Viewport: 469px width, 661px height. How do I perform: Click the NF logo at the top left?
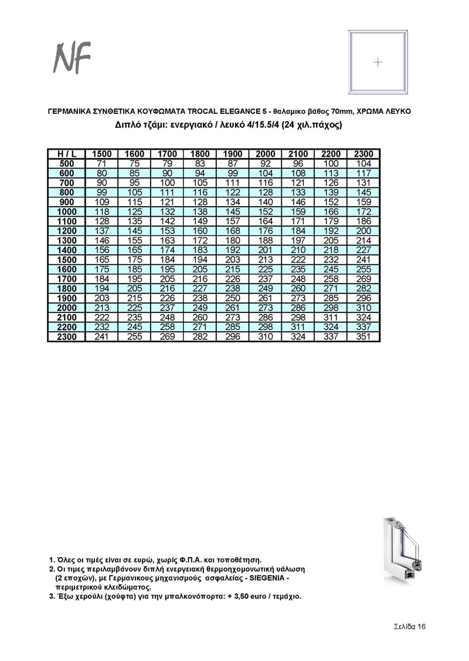click(x=72, y=58)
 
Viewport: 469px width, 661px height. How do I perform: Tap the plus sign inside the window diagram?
click(x=378, y=62)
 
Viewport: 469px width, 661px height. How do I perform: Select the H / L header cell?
click(x=66, y=154)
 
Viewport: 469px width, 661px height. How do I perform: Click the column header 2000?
click(x=266, y=154)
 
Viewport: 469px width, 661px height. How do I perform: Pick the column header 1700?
click(x=167, y=154)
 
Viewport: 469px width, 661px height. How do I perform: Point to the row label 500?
click(x=66, y=163)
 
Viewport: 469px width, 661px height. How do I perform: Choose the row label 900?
click(x=66, y=201)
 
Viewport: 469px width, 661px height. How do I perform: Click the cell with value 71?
click(x=101, y=163)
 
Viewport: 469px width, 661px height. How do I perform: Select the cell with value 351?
click(x=363, y=337)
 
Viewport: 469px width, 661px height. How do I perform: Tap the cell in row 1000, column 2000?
click(x=266, y=211)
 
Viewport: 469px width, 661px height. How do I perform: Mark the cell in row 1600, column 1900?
click(x=233, y=269)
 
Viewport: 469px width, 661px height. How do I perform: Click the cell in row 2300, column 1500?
click(x=101, y=337)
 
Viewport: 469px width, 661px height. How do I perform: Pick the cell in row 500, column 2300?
click(x=363, y=163)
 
